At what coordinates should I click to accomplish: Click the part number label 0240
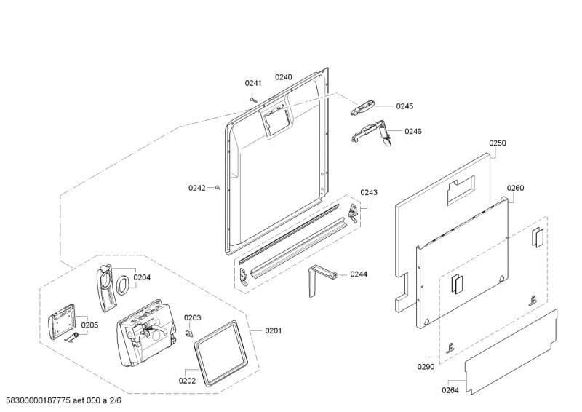click(x=283, y=77)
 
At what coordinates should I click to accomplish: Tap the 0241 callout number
click(x=253, y=84)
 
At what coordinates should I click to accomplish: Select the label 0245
click(x=404, y=106)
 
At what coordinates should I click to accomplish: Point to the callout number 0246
click(x=412, y=132)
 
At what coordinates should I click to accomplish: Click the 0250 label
click(x=497, y=143)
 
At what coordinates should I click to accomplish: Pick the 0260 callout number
click(x=515, y=188)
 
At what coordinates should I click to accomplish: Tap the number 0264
click(x=450, y=389)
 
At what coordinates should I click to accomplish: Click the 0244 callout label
click(x=359, y=274)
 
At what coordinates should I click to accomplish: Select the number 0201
click(x=273, y=331)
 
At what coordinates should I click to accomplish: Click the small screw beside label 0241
click(x=253, y=98)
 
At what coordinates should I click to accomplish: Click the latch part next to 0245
click(x=363, y=107)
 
